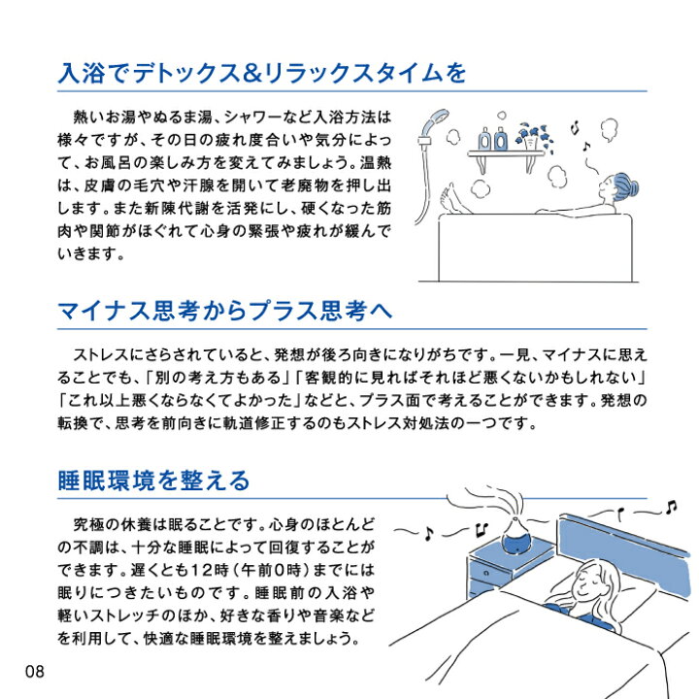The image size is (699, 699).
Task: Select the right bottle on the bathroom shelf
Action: click(x=501, y=138)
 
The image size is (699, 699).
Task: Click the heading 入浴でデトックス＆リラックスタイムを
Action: click(x=262, y=73)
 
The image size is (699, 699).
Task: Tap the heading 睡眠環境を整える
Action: click(x=154, y=480)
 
